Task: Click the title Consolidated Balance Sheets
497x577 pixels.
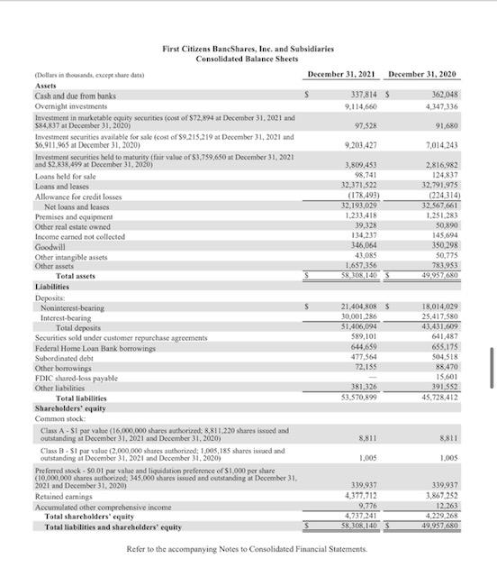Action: (248, 58)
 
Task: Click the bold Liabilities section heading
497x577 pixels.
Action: (54, 286)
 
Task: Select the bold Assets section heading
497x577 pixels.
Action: (45, 85)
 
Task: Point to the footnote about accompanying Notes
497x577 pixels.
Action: (248, 548)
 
